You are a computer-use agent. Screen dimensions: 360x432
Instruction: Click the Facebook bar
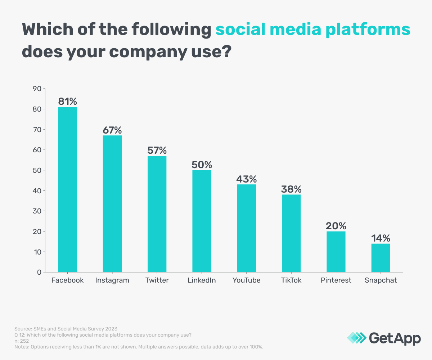coord(67,189)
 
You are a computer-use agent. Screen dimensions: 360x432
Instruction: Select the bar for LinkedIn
coord(202,221)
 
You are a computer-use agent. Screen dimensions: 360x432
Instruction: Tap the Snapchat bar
coord(381,258)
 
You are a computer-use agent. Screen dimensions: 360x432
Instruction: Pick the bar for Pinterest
coord(336,252)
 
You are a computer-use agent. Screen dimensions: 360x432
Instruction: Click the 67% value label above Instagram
coord(112,129)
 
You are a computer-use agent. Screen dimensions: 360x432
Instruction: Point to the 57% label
coord(157,150)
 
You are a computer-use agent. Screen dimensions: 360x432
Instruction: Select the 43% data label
coord(246,179)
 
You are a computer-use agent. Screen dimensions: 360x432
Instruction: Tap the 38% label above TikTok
coord(291,189)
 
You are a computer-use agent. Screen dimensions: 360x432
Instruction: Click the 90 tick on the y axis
coord(37,89)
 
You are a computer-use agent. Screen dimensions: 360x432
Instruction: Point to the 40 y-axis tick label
coord(37,190)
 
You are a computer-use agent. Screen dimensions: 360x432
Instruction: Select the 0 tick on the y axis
coord(39,272)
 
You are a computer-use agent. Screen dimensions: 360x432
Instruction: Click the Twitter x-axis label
coord(157,280)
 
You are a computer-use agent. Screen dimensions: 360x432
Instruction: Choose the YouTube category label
coord(246,280)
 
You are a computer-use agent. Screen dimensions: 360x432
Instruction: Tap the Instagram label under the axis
coord(112,280)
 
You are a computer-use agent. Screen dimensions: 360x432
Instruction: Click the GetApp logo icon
coord(356,338)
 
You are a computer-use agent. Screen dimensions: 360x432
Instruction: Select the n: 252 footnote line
coord(22,341)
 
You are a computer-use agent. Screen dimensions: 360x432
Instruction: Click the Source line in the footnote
coord(66,329)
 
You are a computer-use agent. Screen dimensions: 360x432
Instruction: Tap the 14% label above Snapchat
coord(381,238)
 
